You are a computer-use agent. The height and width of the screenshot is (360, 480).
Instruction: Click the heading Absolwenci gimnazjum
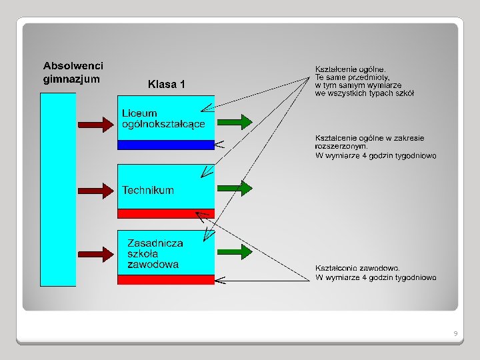point(73,73)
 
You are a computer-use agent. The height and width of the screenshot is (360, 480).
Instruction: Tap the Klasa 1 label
point(167,85)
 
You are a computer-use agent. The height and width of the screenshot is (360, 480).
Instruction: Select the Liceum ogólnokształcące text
point(163,119)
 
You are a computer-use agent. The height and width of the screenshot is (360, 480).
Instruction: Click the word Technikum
point(148,190)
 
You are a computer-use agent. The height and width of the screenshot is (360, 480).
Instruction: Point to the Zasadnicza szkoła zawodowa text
point(155,254)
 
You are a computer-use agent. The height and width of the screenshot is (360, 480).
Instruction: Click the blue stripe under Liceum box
point(166,145)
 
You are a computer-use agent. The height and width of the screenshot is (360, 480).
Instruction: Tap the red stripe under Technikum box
point(166,213)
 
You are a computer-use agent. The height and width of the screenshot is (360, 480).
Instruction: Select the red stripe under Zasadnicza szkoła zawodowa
point(166,279)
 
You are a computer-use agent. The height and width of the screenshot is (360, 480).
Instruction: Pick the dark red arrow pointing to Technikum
point(96,189)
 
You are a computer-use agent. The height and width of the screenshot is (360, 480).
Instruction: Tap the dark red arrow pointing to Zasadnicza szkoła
point(96,254)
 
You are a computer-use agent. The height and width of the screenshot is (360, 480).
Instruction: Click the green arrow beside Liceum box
point(235,121)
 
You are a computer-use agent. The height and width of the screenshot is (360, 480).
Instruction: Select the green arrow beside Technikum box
point(235,187)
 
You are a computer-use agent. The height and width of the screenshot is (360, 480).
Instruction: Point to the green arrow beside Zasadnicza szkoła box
point(235,251)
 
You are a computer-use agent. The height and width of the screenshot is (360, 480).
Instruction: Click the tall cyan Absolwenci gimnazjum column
point(58,189)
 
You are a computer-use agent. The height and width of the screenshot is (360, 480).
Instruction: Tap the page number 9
point(455,333)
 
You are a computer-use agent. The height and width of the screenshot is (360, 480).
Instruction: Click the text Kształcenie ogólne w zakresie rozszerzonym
point(369,142)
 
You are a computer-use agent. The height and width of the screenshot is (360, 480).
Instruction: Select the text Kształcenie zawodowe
point(357,268)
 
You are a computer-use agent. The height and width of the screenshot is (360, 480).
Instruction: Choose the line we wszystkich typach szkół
point(364,93)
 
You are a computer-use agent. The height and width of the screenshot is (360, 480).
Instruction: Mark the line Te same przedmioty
point(353,77)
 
